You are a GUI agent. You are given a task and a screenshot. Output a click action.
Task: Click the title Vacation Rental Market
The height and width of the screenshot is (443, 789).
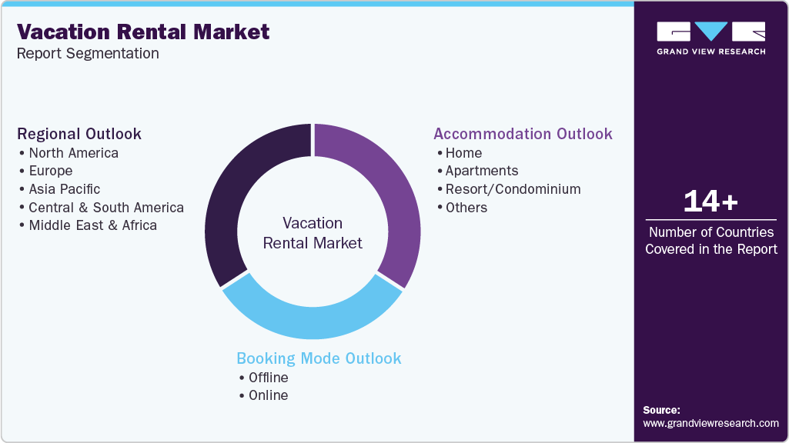point(143,32)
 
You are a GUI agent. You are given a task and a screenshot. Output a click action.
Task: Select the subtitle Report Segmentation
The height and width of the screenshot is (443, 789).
point(88,54)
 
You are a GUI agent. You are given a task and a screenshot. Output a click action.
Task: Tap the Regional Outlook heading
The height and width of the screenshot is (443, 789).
point(79,134)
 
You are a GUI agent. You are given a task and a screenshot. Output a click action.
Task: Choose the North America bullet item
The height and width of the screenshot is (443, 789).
point(73,152)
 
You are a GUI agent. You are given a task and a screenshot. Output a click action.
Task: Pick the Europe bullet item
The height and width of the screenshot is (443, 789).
point(50,171)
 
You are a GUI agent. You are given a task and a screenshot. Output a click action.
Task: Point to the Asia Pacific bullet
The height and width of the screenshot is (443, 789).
point(64,189)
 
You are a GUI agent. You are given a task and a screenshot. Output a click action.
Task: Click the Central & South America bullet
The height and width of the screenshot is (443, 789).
point(105,208)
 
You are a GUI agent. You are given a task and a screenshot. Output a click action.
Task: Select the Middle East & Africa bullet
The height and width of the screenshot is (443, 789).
point(92,225)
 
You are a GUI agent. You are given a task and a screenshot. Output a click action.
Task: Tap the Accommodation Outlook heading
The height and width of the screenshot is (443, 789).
point(523,134)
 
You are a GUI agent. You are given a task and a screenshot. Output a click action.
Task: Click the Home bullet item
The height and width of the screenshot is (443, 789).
point(463,152)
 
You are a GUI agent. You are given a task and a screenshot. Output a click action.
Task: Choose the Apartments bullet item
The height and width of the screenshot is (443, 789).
point(482,171)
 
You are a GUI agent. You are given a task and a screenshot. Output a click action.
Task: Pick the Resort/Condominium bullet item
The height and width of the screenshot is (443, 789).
point(513,189)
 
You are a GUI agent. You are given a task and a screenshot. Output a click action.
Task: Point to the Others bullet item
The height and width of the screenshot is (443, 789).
point(466,208)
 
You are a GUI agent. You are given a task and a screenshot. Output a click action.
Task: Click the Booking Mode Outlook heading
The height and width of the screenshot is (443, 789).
point(319,358)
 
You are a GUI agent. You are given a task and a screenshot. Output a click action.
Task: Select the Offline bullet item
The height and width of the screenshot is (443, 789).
point(268,378)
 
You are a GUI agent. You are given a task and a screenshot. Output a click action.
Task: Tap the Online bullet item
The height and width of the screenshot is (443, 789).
point(268,395)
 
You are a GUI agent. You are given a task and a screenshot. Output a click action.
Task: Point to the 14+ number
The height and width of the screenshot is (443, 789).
point(711,202)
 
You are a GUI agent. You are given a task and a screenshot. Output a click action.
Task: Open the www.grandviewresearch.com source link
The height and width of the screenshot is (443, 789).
point(710,423)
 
